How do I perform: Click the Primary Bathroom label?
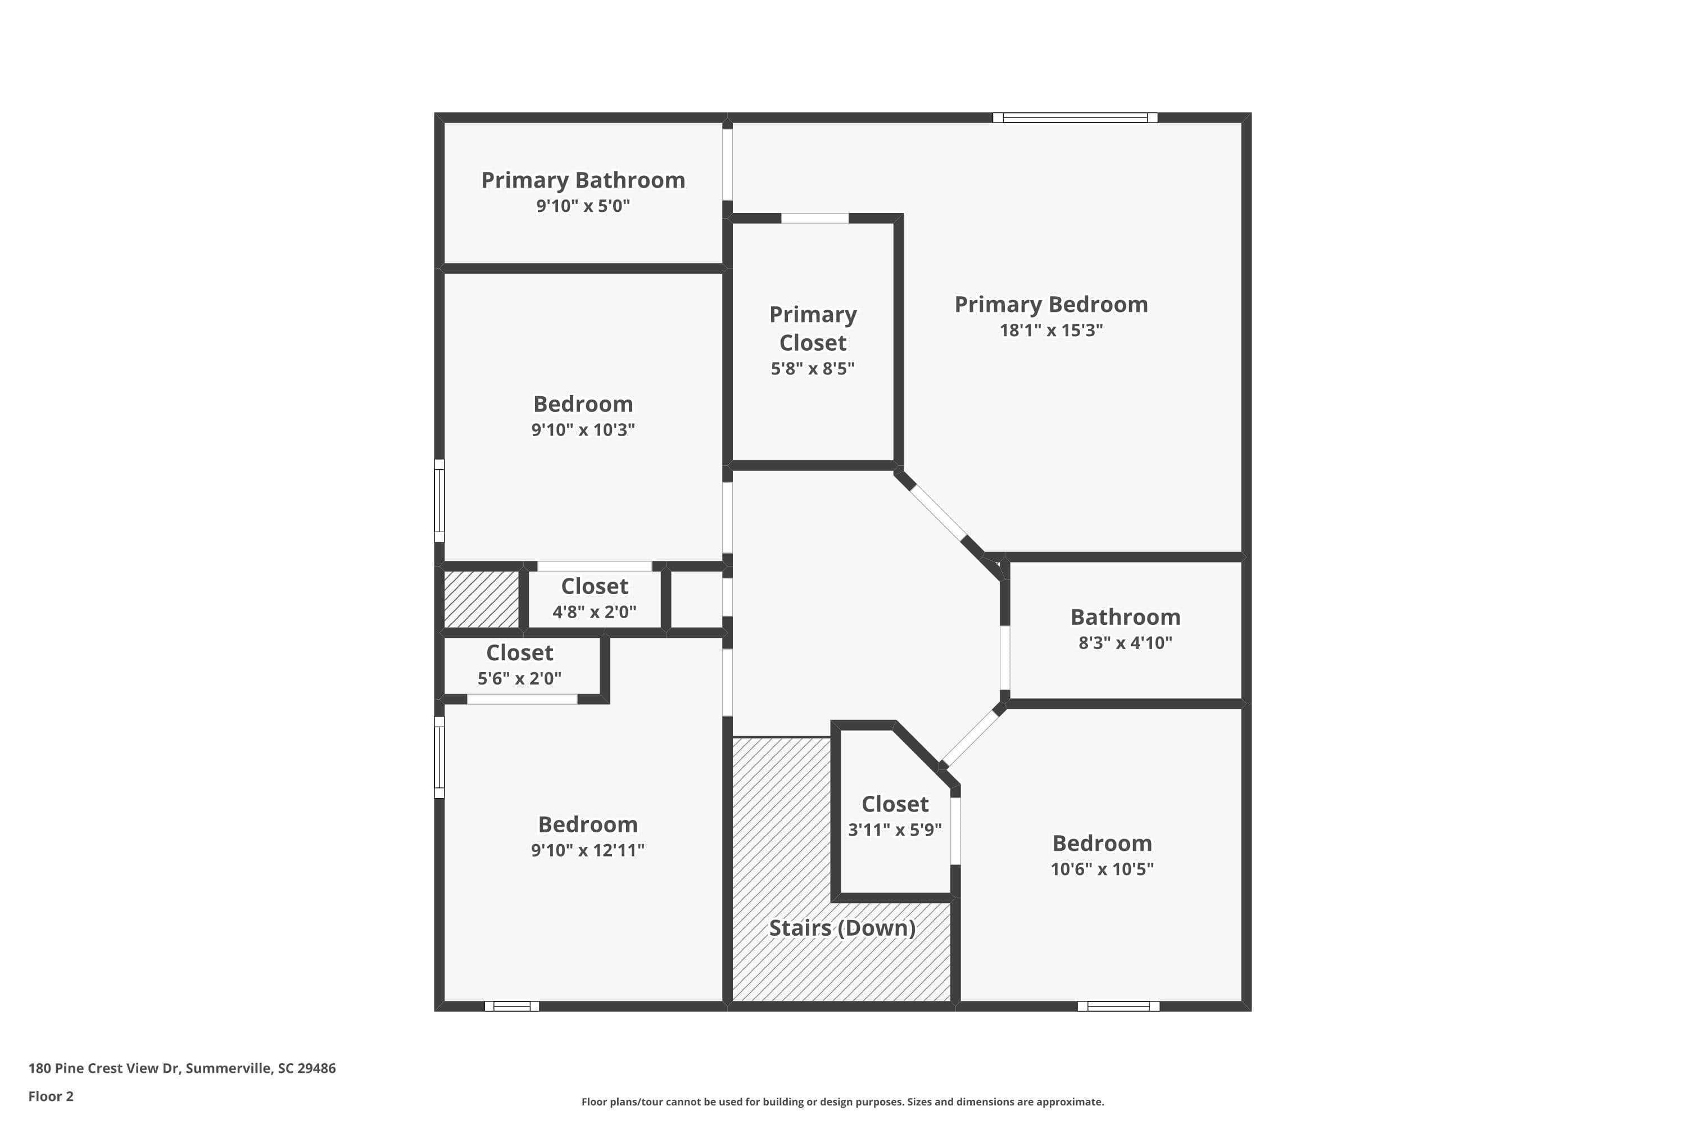[583, 180]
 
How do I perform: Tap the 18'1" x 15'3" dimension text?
[1051, 330]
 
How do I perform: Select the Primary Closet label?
[812, 328]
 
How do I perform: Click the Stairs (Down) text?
[841, 928]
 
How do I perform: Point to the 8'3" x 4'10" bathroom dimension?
[1125, 642]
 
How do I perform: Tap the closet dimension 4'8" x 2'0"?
[594, 611]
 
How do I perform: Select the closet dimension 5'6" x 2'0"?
[520, 678]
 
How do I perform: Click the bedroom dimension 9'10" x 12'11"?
[587, 850]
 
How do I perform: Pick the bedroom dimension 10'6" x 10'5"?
[1102, 869]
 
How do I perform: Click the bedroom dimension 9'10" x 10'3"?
[583, 430]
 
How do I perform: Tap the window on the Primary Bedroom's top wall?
[1075, 117]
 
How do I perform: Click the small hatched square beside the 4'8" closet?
[481, 599]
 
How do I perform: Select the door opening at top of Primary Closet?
[814, 218]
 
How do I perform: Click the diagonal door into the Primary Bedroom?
[937, 513]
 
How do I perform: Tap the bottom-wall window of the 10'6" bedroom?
[1118, 1007]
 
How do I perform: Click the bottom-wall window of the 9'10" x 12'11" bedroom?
[512, 1007]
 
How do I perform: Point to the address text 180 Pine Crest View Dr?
[182, 1068]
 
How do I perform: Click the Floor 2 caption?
[51, 1096]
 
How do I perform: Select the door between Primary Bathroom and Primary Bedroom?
[727, 164]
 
